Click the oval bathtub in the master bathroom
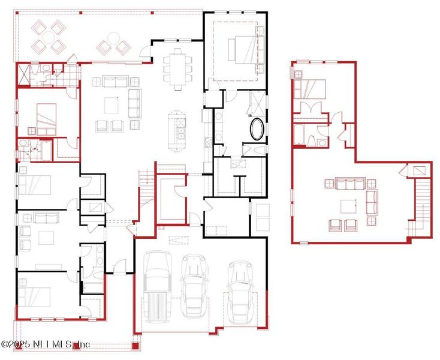pyautogui.click(x=258, y=129)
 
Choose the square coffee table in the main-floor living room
pyautogui.click(x=112, y=104)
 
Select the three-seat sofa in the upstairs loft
pyautogui.click(x=349, y=183)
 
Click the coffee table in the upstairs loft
pyautogui.click(x=349, y=206)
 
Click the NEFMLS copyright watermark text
pyautogui.click(x=45, y=344)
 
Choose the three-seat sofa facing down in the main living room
pyautogui.click(x=115, y=81)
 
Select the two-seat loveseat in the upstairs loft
pyautogui.click(x=372, y=202)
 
